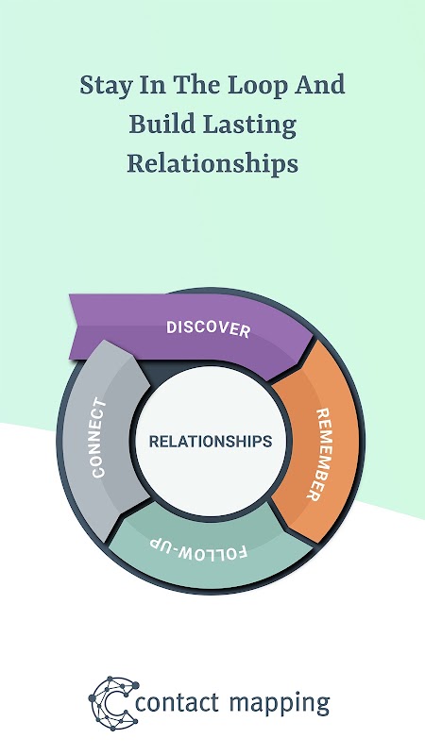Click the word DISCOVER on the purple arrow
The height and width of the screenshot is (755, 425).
208,328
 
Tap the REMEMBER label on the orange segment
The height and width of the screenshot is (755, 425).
320,455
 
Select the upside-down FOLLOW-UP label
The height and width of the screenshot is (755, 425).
199,548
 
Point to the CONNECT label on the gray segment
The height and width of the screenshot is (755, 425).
98,438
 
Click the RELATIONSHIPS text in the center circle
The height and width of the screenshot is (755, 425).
211,441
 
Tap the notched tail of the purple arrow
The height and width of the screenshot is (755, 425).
78,327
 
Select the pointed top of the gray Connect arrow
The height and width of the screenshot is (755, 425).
105,342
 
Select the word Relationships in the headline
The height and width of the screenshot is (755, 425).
212,164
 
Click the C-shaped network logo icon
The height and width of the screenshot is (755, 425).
113,703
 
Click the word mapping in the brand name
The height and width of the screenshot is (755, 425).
280,705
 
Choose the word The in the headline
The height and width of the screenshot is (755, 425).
197,85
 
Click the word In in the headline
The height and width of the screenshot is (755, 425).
152,85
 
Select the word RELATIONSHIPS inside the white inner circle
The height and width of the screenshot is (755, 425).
211,441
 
